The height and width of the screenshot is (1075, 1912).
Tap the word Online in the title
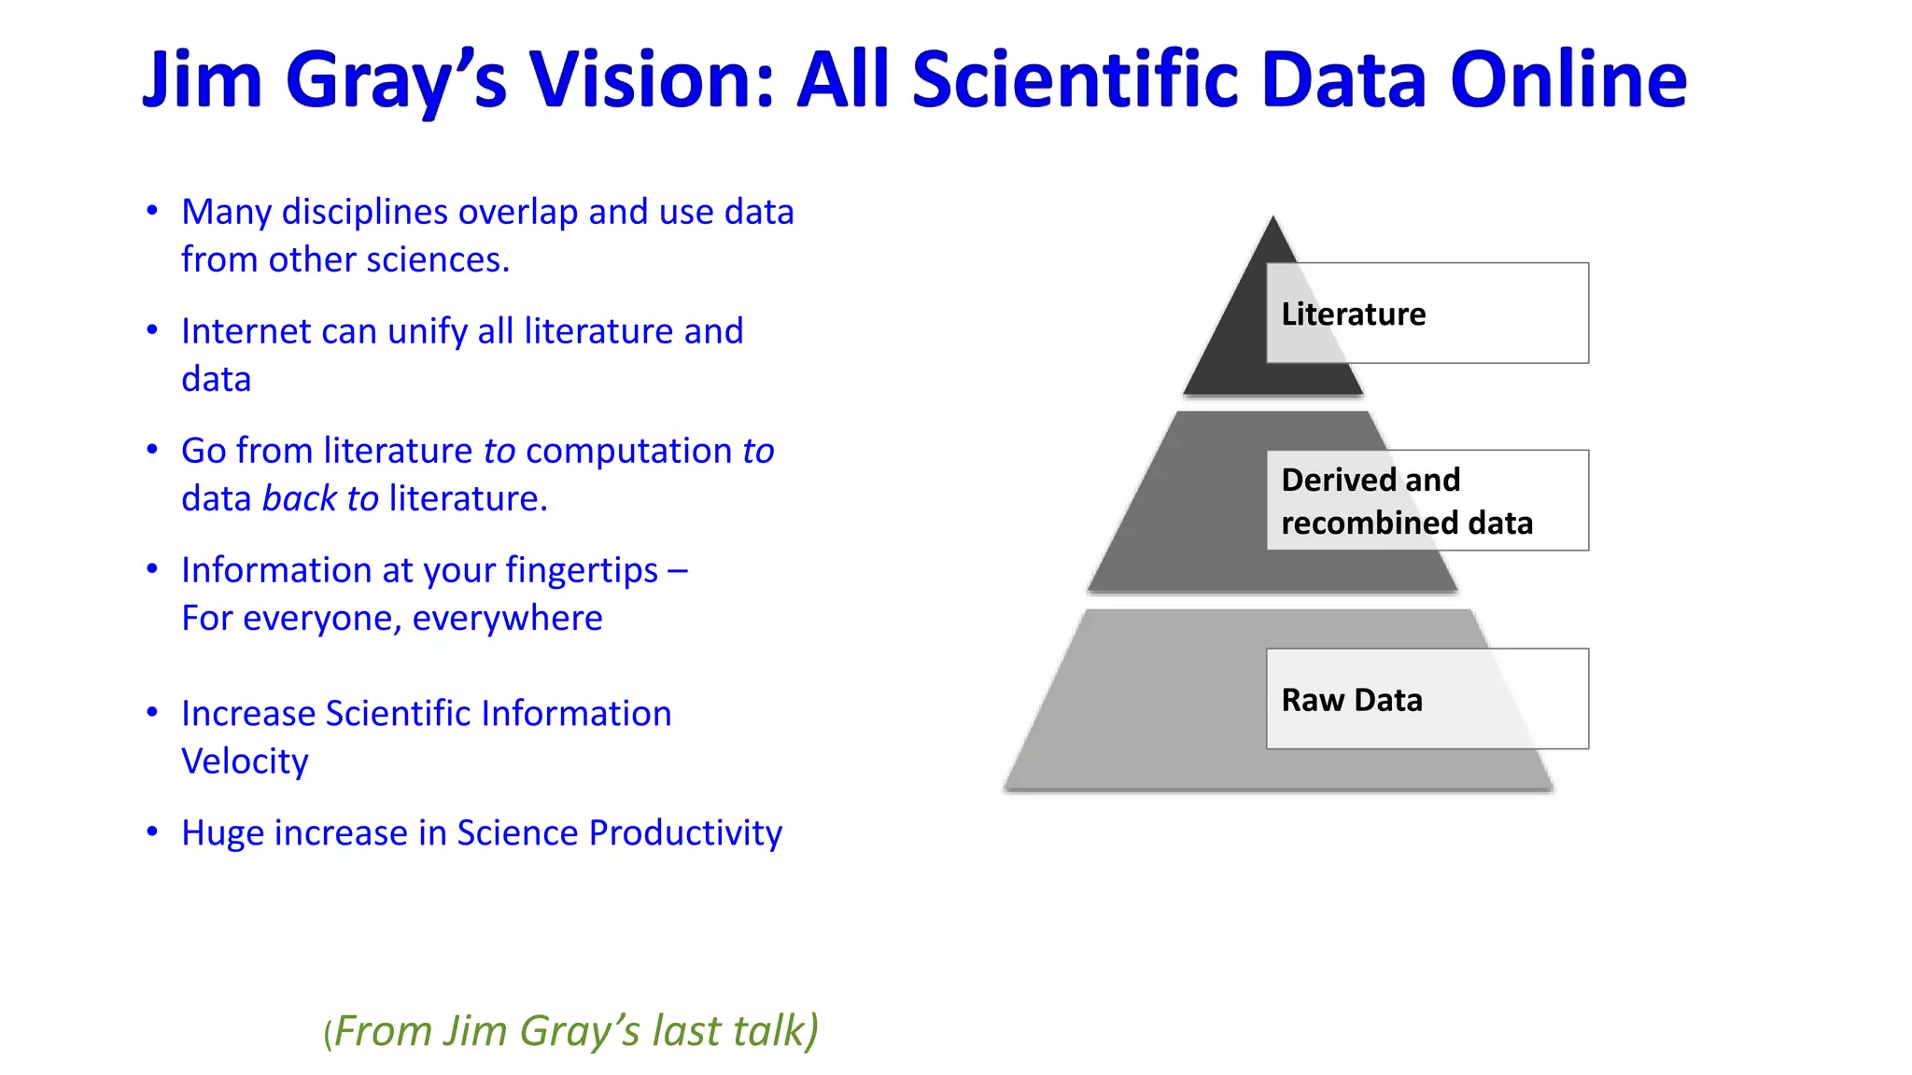click(x=1568, y=80)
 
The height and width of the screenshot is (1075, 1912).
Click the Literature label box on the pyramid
click(x=1427, y=314)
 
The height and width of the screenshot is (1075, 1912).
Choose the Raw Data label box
click(x=1427, y=699)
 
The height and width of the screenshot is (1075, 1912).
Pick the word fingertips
click(x=582, y=570)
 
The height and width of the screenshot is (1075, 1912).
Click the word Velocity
click(x=245, y=761)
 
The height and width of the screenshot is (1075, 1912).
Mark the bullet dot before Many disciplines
click(x=152, y=211)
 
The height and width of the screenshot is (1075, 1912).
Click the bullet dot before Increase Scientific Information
click(x=152, y=713)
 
